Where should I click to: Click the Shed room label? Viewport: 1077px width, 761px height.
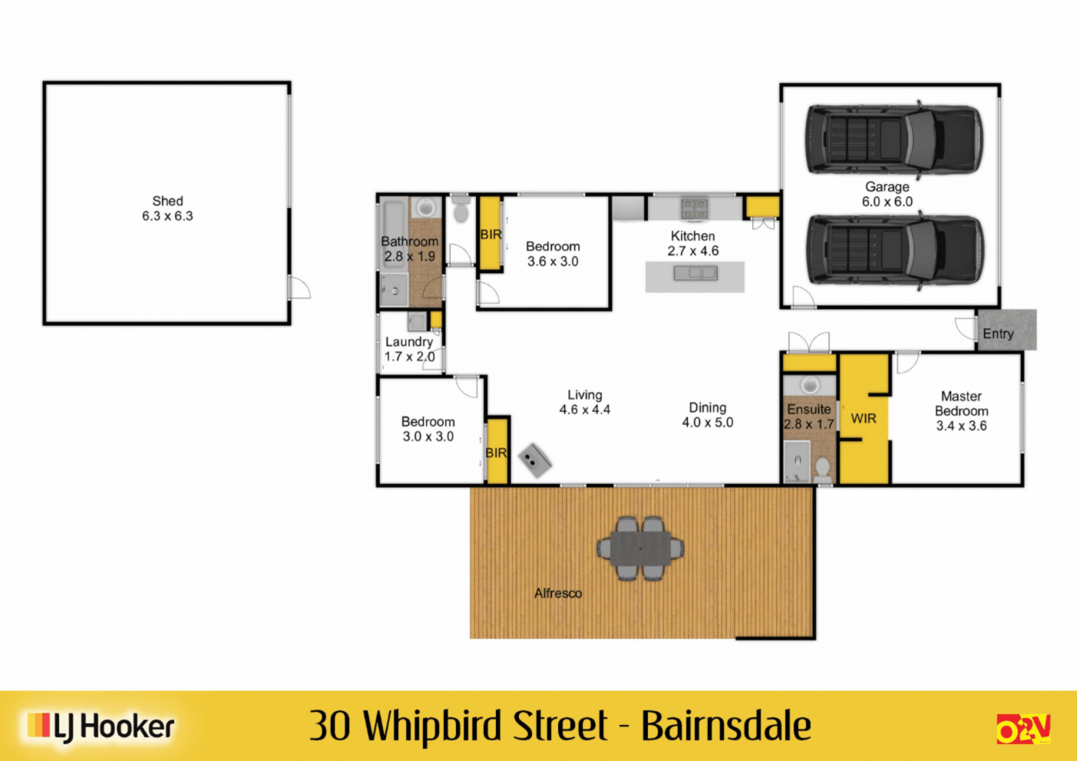click(x=167, y=201)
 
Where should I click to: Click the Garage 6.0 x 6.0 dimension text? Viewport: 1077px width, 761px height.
click(x=887, y=202)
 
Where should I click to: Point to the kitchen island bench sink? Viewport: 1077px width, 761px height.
click(x=695, y=272)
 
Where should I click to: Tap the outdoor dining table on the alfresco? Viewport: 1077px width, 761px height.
click(x=640, y=548)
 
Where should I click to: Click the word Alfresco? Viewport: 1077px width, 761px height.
click(x=558, y=593)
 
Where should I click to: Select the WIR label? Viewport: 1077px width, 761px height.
click(x=864, y=418)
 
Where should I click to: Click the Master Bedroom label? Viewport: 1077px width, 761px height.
click(x=961, y=404)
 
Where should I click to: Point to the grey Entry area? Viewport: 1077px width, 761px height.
click(x=1006, y=331)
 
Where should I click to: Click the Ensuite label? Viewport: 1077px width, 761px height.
click(x=809, y=409)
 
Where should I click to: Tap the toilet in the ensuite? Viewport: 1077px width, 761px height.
click(x=822, y=469)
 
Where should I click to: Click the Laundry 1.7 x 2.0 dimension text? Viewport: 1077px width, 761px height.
click(x=410, y=357)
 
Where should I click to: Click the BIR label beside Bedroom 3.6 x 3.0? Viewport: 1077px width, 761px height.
click(x=491, y=234)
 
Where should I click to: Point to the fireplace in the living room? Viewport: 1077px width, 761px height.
click(x=535, y=460)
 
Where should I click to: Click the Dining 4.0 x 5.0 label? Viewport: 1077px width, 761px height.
click(x=707, y=415)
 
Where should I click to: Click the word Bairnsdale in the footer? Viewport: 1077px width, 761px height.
click(x=725, y=726)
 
